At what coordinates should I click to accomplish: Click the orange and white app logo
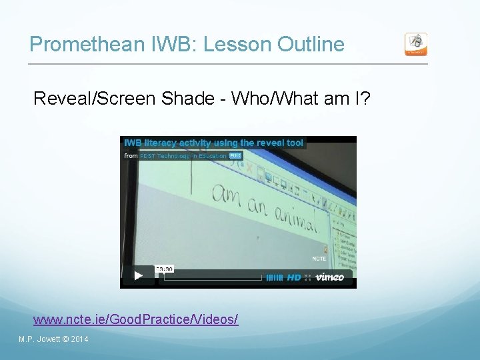pyautogui.click(x=416, y=45)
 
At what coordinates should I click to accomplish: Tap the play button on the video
pyautogui.click(x=138, y=275)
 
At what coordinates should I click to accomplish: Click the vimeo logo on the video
pyautogui.click(x=329, y=277)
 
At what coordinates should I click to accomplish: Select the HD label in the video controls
pyautogui.click(x=294, y=277)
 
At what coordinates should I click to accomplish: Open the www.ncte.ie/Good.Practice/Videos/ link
pyautogui.click(x=135, y=319)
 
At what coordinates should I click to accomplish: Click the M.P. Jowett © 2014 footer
pyautogui.click(x=53, y=339)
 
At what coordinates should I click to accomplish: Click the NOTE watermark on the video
pyautogui.click(x=319, y=258)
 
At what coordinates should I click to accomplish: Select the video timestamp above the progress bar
pyautogui.click(x=164, y=269)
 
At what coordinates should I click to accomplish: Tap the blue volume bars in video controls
pyautogui.click(x=275, y=277)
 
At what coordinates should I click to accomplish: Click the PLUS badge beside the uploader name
pyautogui.click(x=235, y=155)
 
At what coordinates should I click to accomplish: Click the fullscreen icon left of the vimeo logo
pyautogui.click(x=307, y=277)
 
